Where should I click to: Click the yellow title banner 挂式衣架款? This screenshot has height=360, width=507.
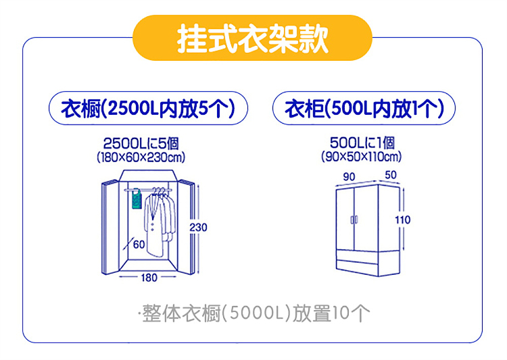(x=253, y=38)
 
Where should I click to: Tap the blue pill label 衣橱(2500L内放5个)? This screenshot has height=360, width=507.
(x=148, y=108)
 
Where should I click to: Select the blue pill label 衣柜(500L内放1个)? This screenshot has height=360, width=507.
(x=364, y=108)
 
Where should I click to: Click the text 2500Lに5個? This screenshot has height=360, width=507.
(x=141, y=143)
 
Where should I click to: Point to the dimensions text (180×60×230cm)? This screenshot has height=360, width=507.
(x=141, y=157)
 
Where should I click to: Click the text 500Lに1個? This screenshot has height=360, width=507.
(x=362, y=143)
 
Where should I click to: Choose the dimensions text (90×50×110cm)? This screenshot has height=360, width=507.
(x=362, y=157)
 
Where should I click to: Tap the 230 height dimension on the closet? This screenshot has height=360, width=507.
(x=198, y=228)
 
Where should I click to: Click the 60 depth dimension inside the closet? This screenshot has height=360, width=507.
(x=139, y=245)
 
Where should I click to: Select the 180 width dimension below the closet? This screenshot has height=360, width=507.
(x=149, y=278)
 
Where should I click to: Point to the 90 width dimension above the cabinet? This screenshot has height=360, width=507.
(x=349, y=176)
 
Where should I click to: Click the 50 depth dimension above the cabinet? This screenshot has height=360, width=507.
(x=391, y=175)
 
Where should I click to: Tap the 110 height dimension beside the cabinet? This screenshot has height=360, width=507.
(x=403, y=220)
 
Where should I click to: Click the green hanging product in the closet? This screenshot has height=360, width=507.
(x=137, y=199)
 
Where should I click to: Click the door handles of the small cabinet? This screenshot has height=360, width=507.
(x=354, y=220)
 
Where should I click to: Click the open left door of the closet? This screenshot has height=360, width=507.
(x=111, y=228)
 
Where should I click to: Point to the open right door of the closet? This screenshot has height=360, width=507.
(x=187, y=227)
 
